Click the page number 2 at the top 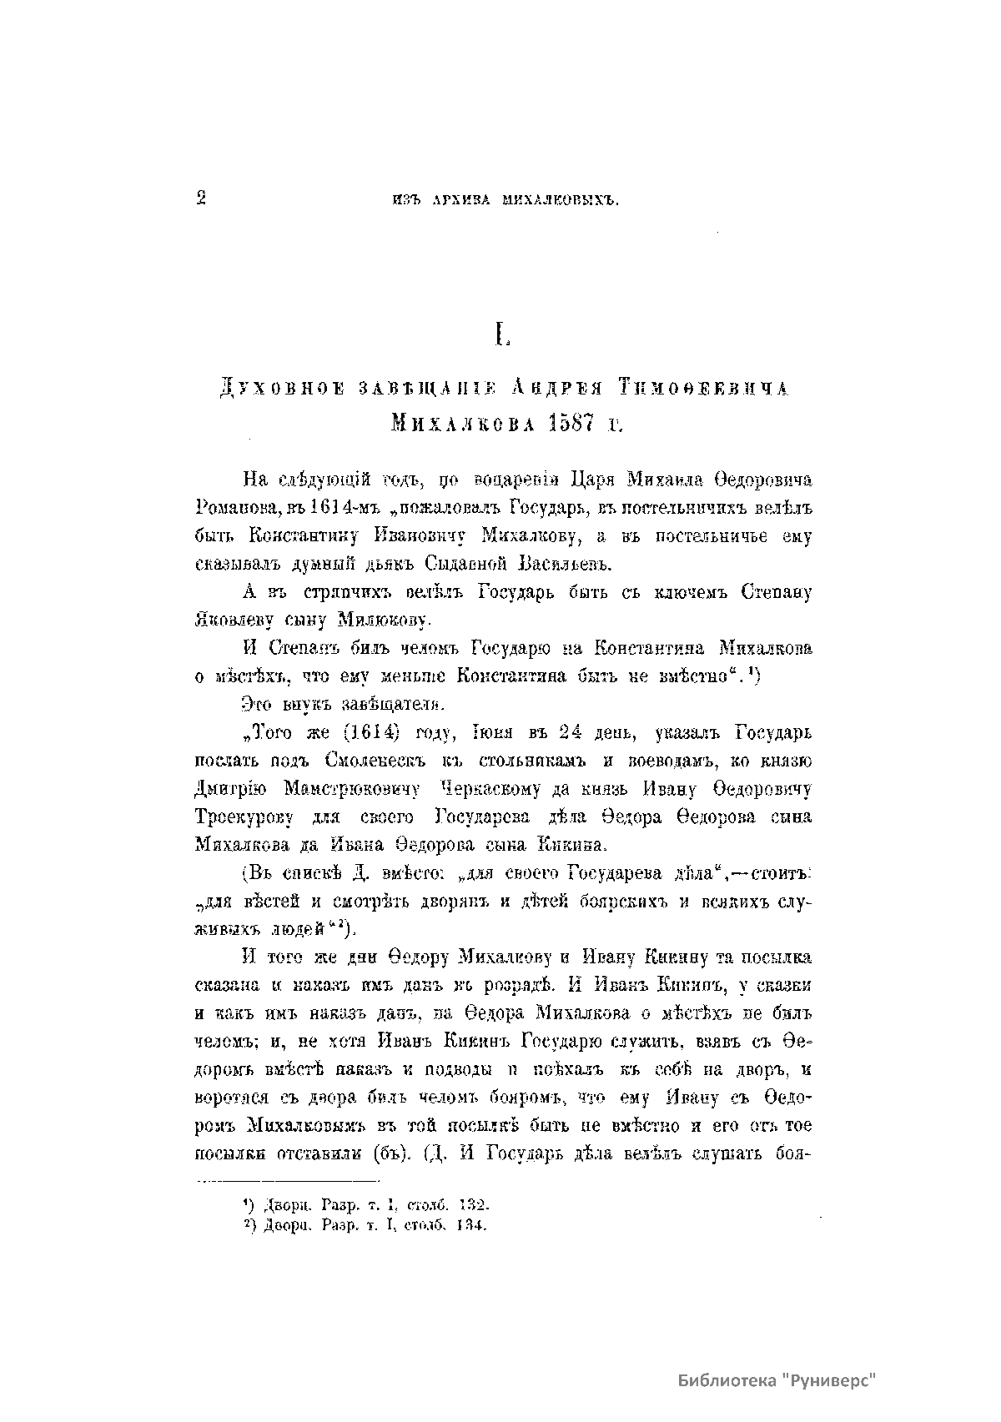click(x=200, y=198)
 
